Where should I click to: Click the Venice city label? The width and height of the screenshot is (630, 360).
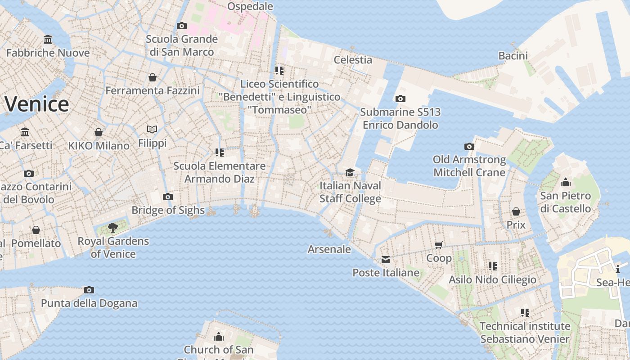37,104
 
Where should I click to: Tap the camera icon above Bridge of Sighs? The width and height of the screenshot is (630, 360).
168,197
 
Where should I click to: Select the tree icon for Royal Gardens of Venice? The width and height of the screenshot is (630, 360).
113,228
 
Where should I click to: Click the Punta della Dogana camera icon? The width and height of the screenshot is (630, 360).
89,290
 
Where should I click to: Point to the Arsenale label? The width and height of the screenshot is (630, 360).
329,249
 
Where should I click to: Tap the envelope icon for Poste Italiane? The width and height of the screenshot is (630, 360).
386,260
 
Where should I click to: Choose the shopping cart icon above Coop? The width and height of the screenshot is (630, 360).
439,245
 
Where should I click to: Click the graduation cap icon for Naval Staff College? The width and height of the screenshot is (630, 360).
350,172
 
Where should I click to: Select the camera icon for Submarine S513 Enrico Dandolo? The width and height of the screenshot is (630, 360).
400,99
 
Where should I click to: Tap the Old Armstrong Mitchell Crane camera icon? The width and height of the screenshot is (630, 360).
469,146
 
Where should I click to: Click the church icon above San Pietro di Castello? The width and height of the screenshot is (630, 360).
566,182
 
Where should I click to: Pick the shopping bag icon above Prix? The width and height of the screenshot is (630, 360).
516,211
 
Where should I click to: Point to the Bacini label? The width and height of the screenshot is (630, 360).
513,56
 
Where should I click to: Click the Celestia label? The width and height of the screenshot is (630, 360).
353,60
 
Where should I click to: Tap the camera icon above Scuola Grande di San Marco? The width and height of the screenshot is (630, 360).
182,26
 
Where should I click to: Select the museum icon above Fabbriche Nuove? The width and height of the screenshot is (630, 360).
48,40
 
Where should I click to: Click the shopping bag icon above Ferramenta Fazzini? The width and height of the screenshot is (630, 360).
153,77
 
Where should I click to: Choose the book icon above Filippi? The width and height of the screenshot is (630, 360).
152,130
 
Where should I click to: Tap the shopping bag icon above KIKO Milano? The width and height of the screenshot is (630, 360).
99,132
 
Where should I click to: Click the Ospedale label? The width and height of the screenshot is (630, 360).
250,6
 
